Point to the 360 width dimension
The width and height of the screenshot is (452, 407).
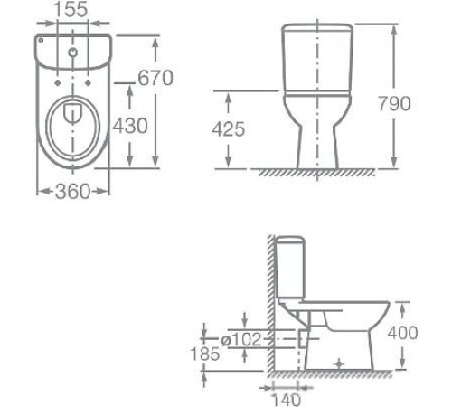[73, 192]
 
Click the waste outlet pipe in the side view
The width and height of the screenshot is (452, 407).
[303, 339]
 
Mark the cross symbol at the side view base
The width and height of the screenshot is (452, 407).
[340, 364]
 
